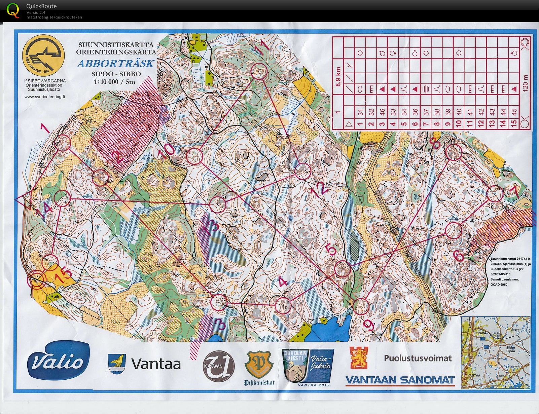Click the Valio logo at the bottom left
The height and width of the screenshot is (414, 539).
58,362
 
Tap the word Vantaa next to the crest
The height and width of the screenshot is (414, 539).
156,364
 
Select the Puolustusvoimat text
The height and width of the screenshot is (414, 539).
418,358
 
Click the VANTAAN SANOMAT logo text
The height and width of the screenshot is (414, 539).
400,380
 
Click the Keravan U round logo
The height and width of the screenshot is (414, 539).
218,367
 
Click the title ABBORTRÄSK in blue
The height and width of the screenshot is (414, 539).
115,64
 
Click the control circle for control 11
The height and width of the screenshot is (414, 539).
259,71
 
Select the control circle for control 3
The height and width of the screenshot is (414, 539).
219,302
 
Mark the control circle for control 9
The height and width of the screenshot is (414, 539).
362,306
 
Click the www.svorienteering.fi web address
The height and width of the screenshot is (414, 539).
45,97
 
